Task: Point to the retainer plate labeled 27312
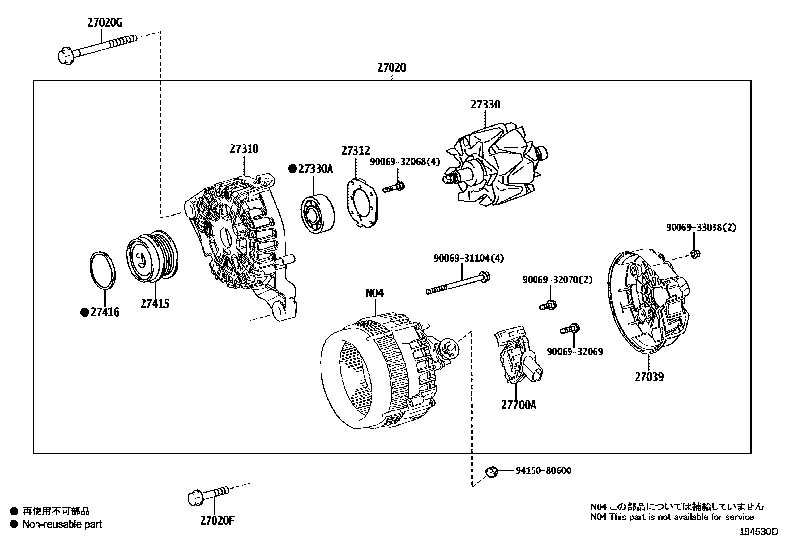(x=362, y=203)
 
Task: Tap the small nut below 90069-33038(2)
(x=695, y=254)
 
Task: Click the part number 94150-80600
(x=543, y=470)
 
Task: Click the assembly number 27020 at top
(x=392, y=67)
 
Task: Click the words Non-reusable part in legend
(x=62, y=524)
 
